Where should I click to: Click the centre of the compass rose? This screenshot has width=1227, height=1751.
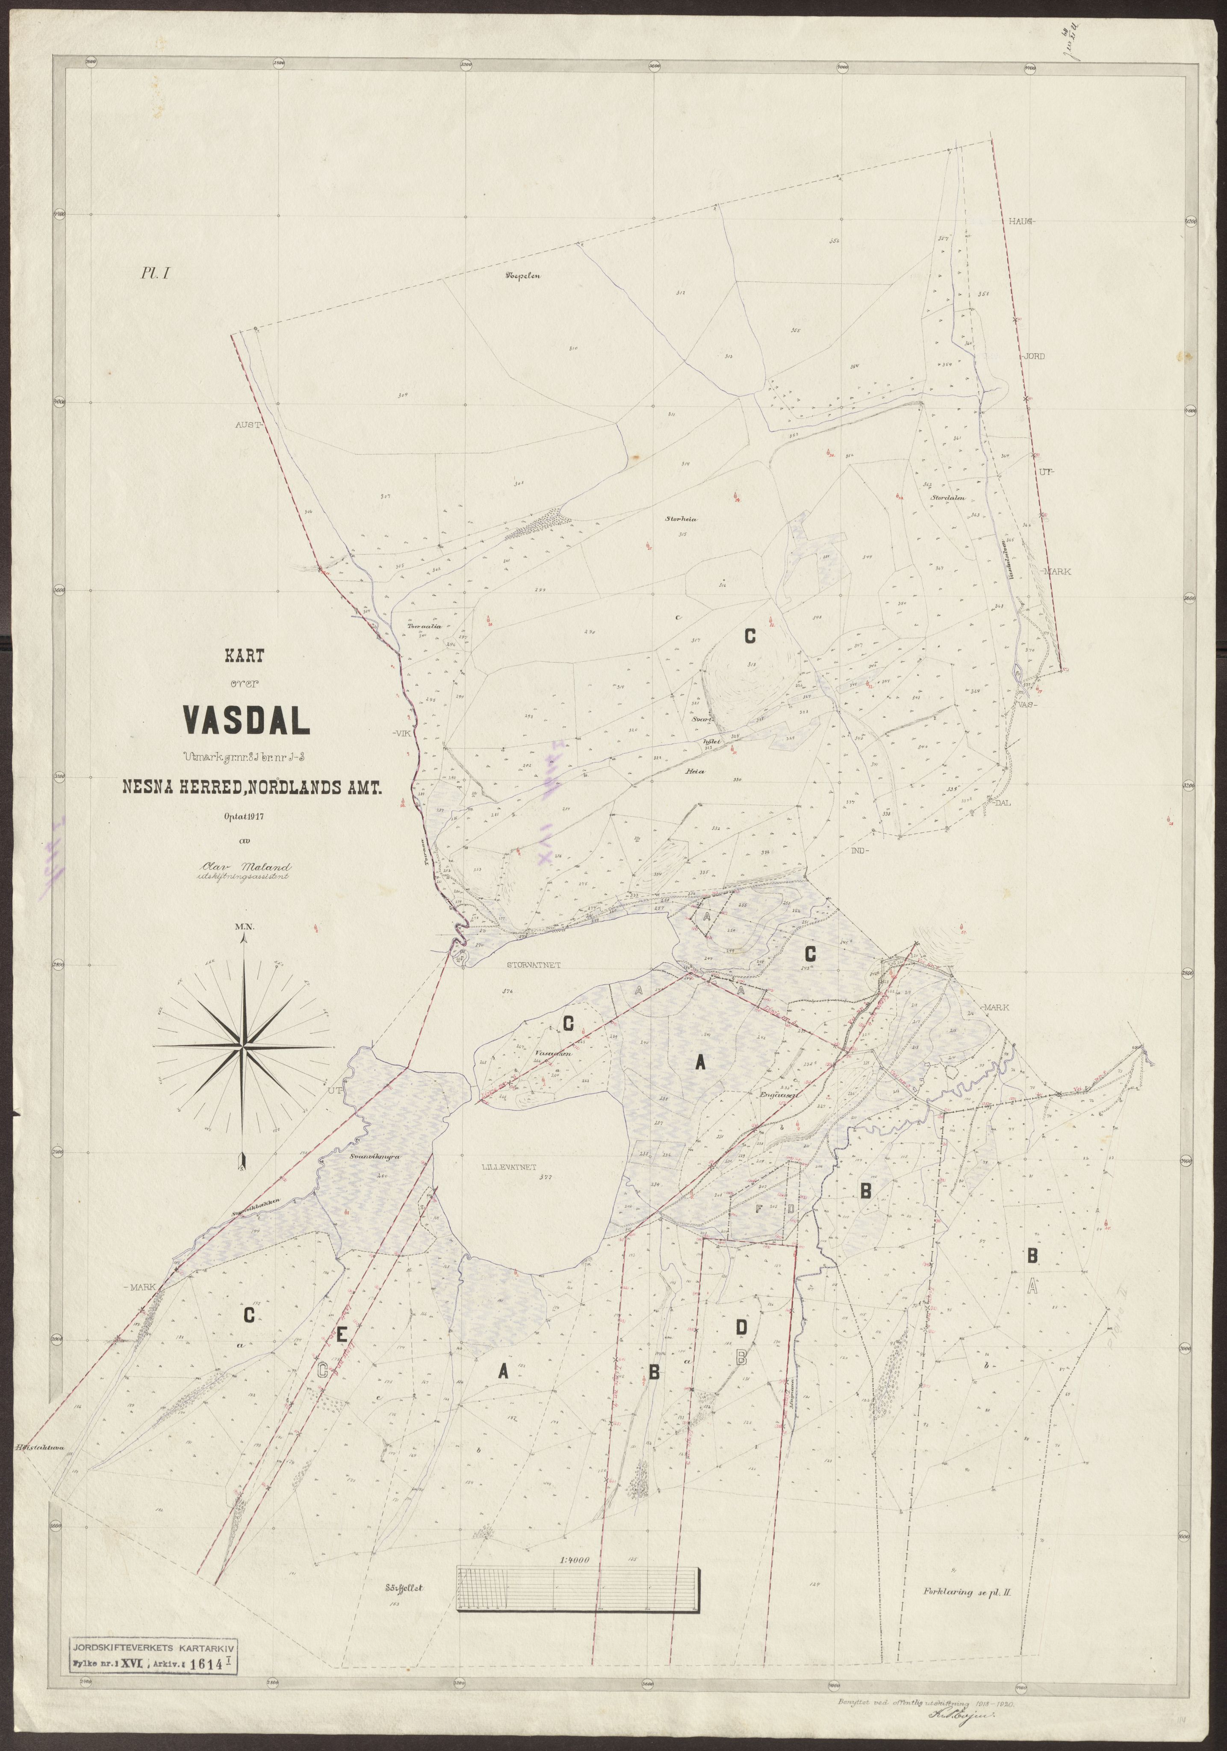pos(242,1050)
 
